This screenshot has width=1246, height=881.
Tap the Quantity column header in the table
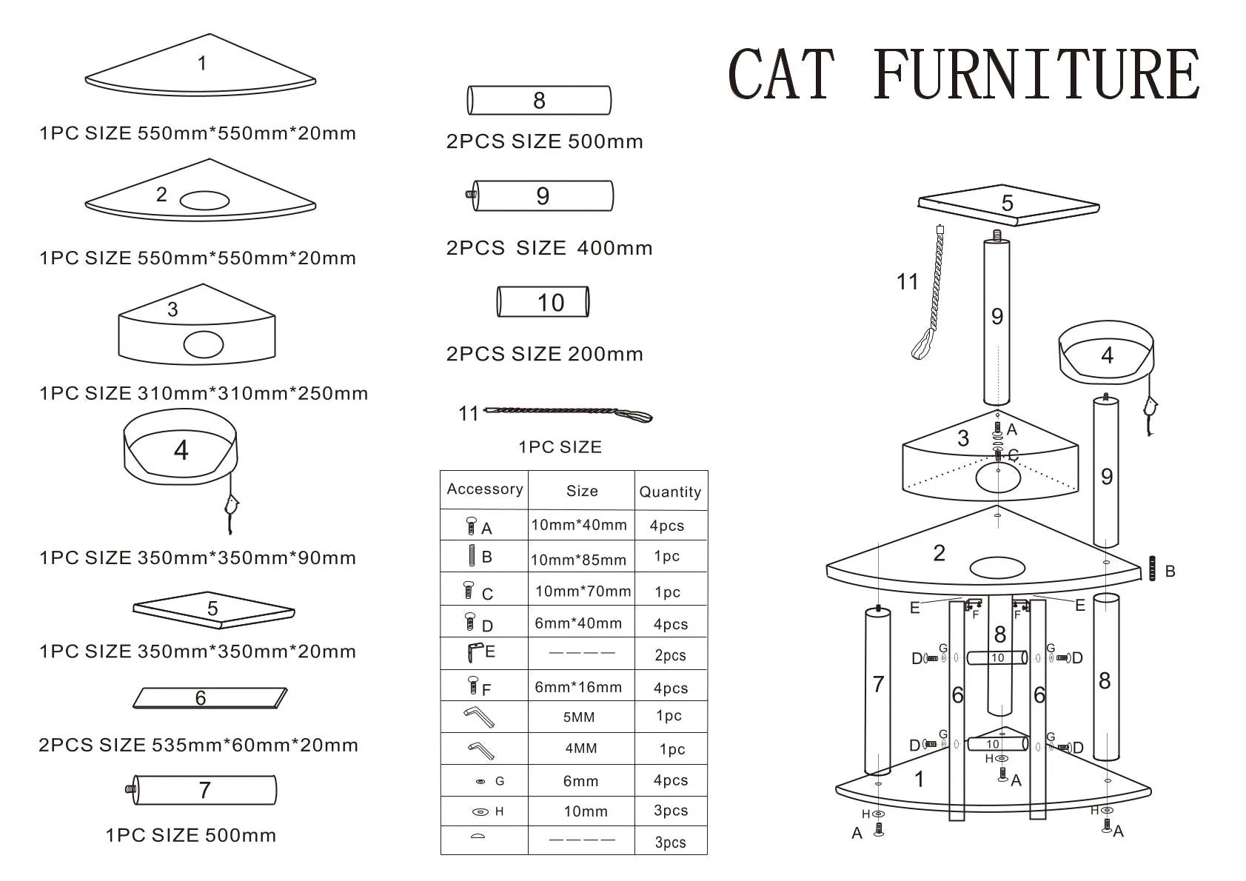pyautogui.click(x=670, y=492)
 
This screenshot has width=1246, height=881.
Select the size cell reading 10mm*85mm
pyautogui.click(x=578, y=560)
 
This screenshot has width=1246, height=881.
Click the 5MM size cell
pyautogui.click(x=579, y=717)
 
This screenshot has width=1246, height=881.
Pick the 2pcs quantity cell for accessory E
pyautogui.click(x=670, y=655)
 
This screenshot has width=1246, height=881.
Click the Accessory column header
pyautogui.click(x=485, y=489)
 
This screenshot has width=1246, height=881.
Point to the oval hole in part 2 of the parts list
pyautogui.click(x=204, y=201)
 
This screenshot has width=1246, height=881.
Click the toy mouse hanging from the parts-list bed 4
pyautogui.click(x=232, y=509)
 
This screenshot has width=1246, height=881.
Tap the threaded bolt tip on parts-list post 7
pyautogui.click(x=131, y=789)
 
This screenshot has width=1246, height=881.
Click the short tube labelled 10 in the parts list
pyautogui.click(x=543, y=302)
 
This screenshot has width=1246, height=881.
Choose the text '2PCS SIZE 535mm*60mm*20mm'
pyautogui.click(x=198, y=745)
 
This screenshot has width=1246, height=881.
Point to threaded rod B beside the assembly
pyautogui.click(x=1152, y=569)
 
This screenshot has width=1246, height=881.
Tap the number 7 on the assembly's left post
pyautogui.click(x=878, y=684)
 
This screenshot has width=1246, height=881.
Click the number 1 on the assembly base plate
pyautogui.click(x=919, y=779)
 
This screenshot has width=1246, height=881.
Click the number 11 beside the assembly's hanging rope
pyautogui.click(x=907, y=282)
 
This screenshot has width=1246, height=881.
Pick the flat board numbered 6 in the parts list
pyautogui.click(x=210, y=697)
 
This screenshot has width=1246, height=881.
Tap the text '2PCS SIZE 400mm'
pyautogui.click(x=549, y=248)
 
